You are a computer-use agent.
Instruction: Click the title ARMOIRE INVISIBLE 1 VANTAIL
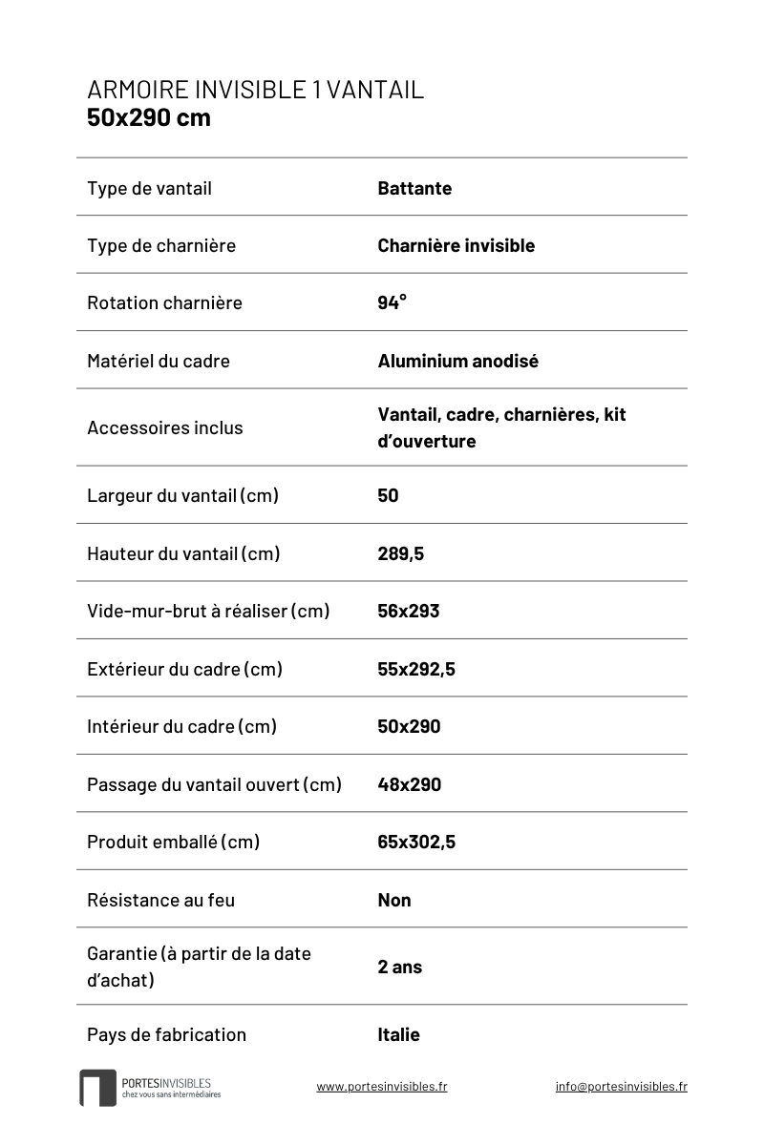pos(255,90)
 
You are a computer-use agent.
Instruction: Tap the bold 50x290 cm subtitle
pos(148,118)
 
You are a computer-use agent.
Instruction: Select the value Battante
pos(414,188)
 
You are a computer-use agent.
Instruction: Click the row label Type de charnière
pos(160,245)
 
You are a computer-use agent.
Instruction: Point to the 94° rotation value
pos(392,302)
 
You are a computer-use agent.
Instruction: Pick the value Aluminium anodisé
pos(457,361)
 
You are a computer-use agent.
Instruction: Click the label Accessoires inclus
pos(164,427)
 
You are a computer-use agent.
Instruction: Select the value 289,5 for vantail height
pos(400,553)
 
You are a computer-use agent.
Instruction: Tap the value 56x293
pos(408,611)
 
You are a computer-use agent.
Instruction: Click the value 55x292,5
pos(415,669)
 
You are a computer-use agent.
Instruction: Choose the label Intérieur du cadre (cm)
pos(181,726)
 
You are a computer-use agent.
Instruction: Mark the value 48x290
pos(409,784)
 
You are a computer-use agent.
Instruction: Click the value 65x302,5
pos(415,842)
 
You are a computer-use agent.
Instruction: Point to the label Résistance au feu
pos(160,900)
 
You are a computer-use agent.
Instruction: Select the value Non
pos(393,900)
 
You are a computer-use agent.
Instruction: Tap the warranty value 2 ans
pos(399,967)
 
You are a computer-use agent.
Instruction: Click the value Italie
pos(398,1034)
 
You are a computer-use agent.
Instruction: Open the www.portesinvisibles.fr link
pos(381,1086)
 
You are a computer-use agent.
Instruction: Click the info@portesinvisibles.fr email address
pos(621,1086)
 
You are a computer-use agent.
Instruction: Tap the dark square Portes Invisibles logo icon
pos(97,1088)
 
